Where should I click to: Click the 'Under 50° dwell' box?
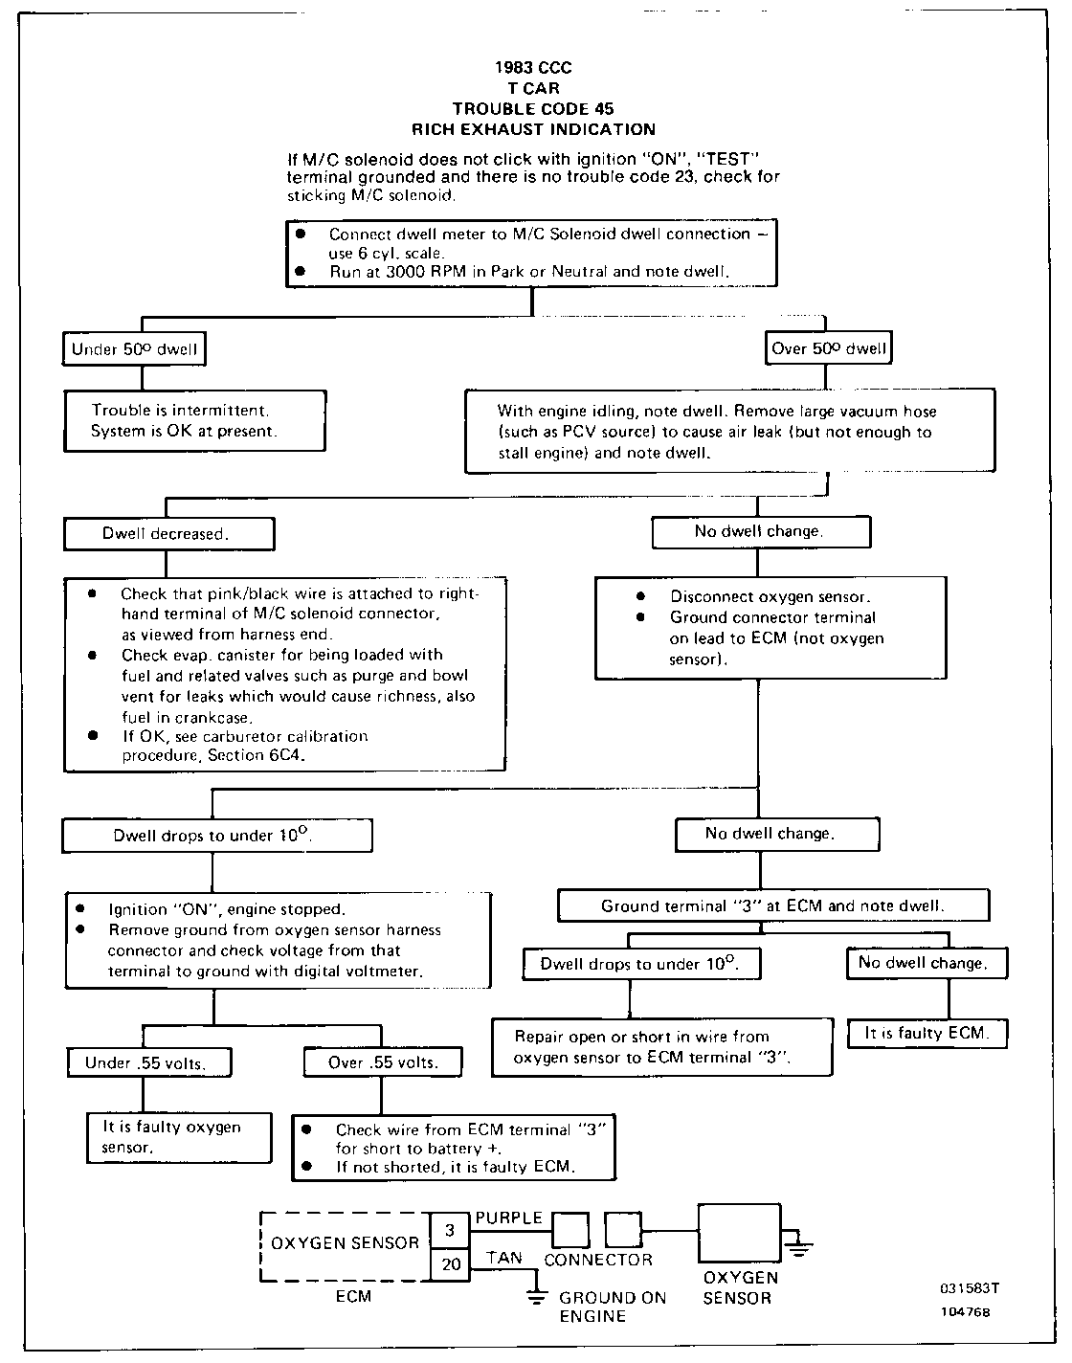(134, 349)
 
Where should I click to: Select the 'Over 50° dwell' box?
(829, 348)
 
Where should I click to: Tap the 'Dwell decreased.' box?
(168, 534)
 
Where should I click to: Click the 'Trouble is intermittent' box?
(195, 421)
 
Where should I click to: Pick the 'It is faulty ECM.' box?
(927, 1034)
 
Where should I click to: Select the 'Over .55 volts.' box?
(383, 1061)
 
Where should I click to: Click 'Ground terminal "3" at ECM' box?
(773, 905)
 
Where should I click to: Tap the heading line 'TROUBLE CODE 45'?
(533, 109)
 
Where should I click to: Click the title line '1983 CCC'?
(533, 68)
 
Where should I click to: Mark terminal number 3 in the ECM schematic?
(451, 1230)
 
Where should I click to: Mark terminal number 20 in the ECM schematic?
(451, 1264)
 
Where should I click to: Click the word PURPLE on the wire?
(508, 1218)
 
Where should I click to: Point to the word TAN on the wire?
(503, 1258)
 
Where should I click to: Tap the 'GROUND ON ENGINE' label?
(599, 1307)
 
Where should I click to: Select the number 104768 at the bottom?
(965, 1312)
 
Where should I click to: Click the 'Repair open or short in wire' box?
(661, 1047)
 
